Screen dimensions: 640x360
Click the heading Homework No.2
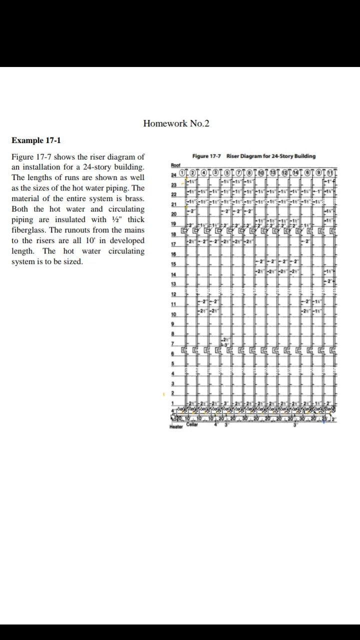click(176, 123)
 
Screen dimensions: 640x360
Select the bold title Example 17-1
click(36, 140)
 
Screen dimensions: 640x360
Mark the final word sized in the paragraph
click(73, 261)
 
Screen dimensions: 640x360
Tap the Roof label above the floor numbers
click(175, 165)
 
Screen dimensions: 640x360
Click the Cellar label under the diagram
click(192, 424)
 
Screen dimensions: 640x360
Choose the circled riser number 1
click(182, 173)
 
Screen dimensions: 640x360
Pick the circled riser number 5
click(227, 173)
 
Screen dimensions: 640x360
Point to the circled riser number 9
click(318, 173)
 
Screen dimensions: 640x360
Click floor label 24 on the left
click(173, 174)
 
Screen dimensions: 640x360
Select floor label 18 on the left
click(173, 234)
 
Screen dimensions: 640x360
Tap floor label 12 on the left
click(173, 294)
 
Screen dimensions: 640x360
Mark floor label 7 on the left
click(173, 344)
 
